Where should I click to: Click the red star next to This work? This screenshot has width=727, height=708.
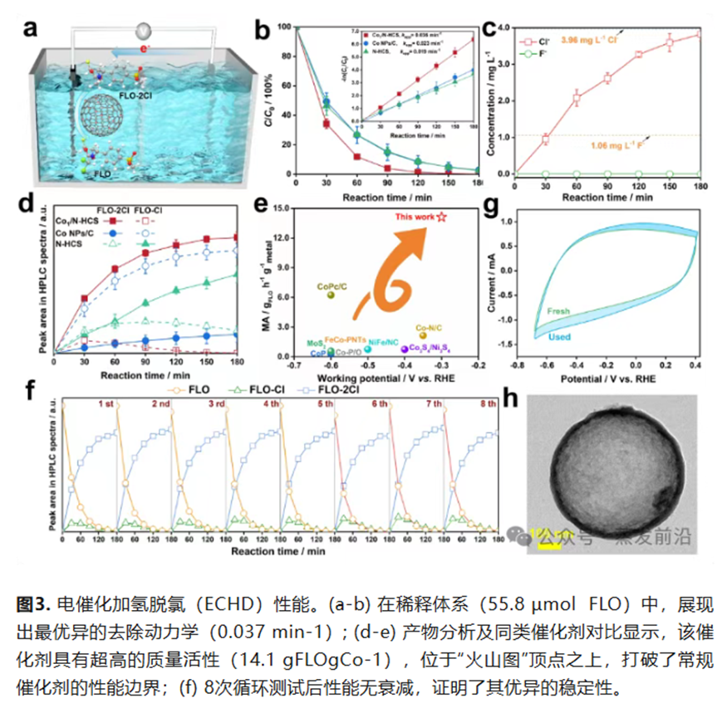[x=442, y=217]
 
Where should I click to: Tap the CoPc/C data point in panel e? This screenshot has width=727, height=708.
[x=331, y=295]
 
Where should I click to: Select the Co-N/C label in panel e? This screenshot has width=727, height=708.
[x=428, y=328]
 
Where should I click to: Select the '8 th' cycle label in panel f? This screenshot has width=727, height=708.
[x=488, y=404]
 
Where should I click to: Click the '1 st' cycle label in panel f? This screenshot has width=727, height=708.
[x=106, y=404]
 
